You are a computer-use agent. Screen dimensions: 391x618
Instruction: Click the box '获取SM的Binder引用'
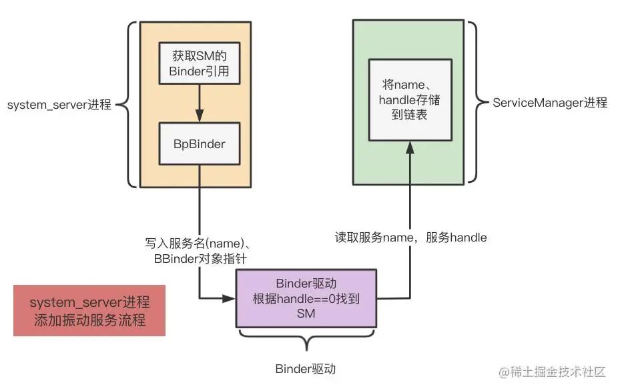coord(198,64)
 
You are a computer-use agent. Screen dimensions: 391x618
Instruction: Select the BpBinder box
coord(198,143)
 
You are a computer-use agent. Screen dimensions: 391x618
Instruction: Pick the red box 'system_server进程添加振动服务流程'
coord(89,311)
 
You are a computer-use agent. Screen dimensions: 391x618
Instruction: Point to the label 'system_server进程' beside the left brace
coord(59,105)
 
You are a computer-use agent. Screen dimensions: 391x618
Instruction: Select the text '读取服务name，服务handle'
coord(410,237)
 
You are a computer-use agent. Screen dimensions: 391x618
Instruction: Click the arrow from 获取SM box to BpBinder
coord(198,104)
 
